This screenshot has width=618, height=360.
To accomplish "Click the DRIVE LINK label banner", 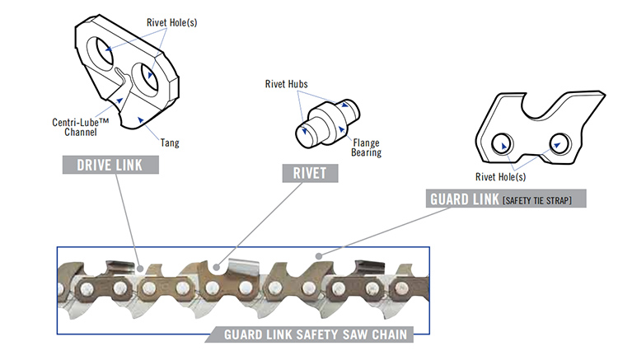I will click(110, 165).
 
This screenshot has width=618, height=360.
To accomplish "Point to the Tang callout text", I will click(170, 143).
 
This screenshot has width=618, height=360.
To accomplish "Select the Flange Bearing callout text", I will click(368, 147).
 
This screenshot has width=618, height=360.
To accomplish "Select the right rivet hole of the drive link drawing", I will click(153, 76).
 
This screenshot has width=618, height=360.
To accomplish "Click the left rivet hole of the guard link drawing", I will click(500, 144).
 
